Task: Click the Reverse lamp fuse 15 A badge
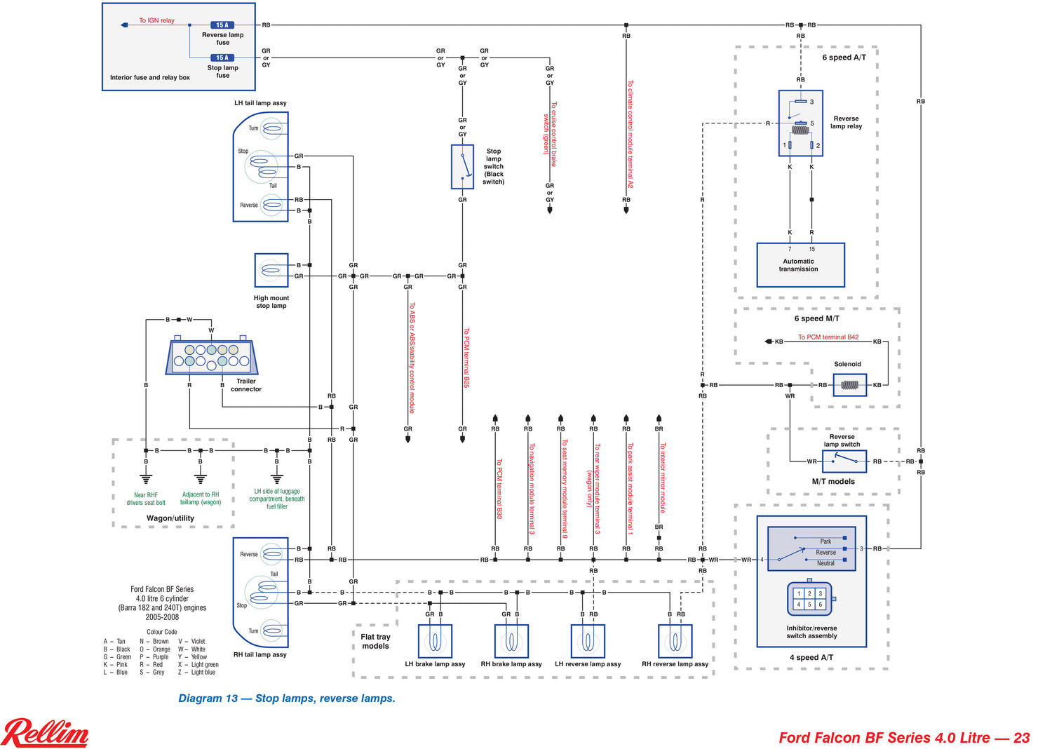[222, 25]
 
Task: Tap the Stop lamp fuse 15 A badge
[222, 58]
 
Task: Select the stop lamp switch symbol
[462, 167]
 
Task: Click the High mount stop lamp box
[271, 270]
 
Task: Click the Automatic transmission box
[800, 265]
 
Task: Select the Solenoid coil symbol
[849, 385]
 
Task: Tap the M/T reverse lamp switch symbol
[844, 461]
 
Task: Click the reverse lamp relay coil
[800, 130]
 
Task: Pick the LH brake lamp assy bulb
[435, 641]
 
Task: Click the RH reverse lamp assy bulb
[675, 641]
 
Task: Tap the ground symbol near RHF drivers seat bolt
[146, 480]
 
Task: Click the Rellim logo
[46, 733]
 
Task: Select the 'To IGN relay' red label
[156, 20]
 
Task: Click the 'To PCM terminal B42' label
[828, 337]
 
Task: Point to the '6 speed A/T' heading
[844, 58]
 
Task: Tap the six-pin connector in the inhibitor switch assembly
[809, 599]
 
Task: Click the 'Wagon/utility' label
[170, 518]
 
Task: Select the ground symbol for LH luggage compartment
[277, 479]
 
